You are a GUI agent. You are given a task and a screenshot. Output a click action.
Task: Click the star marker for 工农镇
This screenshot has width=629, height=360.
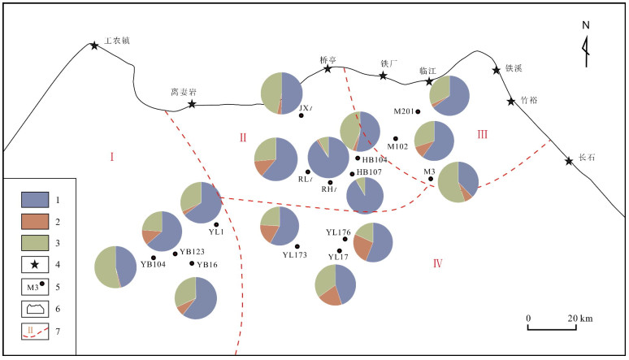[95, 46]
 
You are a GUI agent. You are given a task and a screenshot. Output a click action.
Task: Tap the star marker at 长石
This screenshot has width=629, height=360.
[569, 161]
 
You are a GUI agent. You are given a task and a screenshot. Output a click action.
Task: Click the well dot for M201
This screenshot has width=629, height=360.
[418, 111]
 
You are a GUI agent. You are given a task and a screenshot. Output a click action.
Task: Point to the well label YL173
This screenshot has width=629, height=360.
[295, 255]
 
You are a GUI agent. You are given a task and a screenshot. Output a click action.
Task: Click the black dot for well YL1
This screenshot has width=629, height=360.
[216, 223]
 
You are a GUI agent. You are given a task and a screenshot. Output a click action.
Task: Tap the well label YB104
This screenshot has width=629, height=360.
[153, 264]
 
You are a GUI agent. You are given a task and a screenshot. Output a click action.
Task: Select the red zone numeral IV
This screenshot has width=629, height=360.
[437, 262]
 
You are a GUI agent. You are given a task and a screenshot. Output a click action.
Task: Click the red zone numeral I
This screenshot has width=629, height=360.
[112, 156]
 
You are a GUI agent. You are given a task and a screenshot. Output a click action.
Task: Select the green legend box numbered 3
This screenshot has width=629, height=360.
[36, 242]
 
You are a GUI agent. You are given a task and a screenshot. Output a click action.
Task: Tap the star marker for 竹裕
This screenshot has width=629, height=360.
[511, 102]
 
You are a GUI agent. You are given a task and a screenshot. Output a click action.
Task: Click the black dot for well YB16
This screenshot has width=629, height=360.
[192, 263]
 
